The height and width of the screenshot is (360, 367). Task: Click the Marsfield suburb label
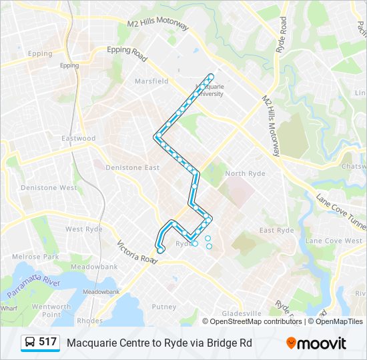[151, 81]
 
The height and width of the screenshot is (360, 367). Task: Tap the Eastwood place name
[79, 139]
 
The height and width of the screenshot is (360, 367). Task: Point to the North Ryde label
[245, 174]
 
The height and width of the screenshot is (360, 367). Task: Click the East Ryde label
[276, 231]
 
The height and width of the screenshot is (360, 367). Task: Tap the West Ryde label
[84, 229]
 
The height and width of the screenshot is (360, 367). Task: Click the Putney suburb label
[163, 307]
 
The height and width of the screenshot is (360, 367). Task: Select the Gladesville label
[242, 313]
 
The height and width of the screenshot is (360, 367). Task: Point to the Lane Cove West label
[334, 241]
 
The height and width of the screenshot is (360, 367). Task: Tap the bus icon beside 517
[30, 343]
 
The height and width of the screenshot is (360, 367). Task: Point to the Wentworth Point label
[51, 311]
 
